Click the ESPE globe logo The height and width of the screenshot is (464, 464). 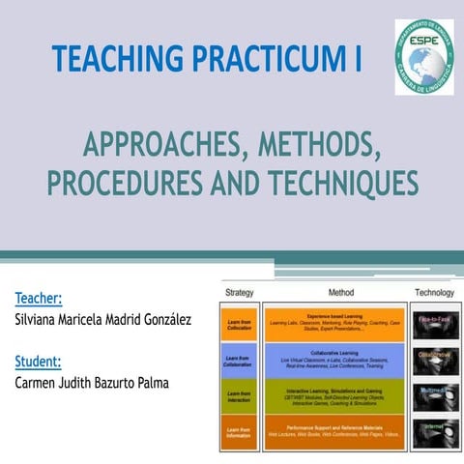[422, 56]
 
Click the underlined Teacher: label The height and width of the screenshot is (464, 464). [40, 299]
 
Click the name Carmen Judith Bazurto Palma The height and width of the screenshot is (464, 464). [92, 383]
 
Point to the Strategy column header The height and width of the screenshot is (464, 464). [239, 292]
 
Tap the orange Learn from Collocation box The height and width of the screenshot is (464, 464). [239, 323]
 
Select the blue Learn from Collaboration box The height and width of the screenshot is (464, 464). [239, 360]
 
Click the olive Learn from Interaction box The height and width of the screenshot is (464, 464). [239, 395]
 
